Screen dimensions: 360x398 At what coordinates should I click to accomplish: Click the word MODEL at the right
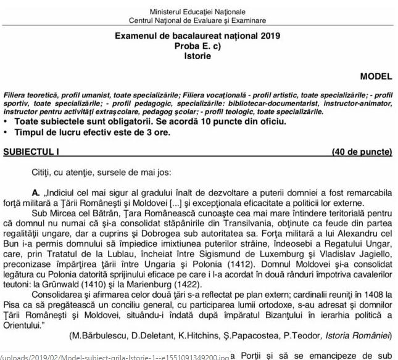376,77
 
